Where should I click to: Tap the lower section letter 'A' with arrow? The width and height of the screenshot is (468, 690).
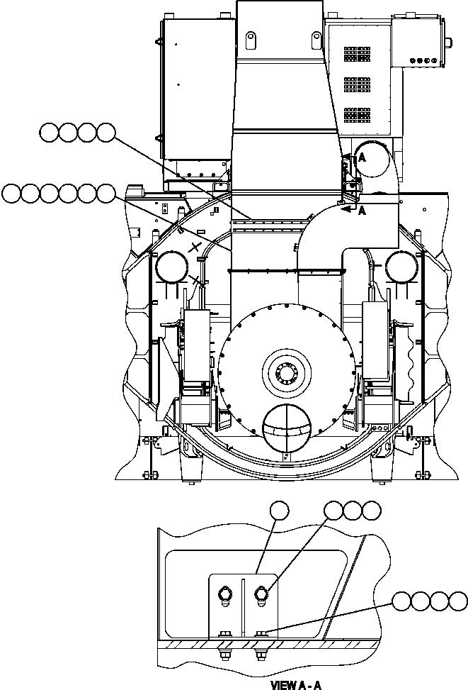[x=363, y=211]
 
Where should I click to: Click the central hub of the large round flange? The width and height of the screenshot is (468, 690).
[x=287, y=371]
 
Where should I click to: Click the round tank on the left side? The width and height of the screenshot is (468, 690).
[x=171, y=268]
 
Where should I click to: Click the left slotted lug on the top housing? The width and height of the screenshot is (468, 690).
[x=250, y=38]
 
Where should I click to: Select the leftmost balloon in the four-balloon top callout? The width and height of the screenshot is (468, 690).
[x=49, y=132]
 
